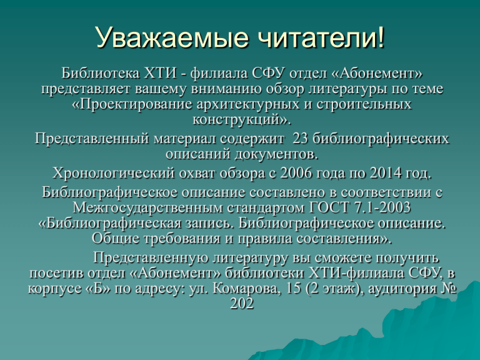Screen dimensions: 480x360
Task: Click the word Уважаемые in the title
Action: tap(172, 37)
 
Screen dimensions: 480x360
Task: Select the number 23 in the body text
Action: tap(300, 138)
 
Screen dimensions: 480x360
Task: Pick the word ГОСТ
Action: tap(329, 207)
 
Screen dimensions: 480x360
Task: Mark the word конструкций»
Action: tap(242, 120)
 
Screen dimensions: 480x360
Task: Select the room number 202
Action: tap(242, 303)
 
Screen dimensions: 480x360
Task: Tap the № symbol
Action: tap(448, 288)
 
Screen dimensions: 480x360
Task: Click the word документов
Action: tap(277, 154)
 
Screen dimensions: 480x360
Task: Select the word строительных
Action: tap(364, 104)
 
